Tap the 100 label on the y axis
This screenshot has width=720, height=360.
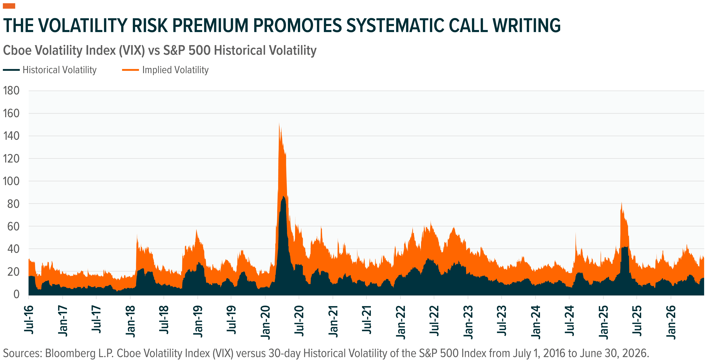[x=11, y=181]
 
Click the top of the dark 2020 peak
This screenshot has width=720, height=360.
[x=283, y=196]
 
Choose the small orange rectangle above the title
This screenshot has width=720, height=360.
[x=9, y=6]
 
